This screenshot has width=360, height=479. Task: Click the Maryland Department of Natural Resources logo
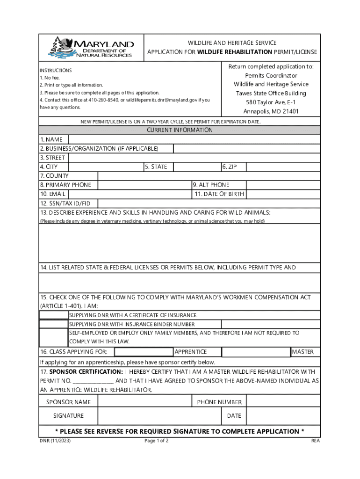[x=92, y=47]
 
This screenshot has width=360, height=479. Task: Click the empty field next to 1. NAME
[x=194, y=139]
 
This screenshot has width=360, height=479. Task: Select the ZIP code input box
[x=283, y=167]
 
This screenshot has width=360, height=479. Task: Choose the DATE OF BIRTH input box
[x=283, y=194]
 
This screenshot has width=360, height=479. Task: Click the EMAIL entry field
[x=130, y=194]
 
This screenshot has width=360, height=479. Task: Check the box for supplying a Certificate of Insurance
[x=54, y=315]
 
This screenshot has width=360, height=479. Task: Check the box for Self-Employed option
[x=54, y=337]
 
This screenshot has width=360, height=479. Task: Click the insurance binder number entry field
[x=270, y=324]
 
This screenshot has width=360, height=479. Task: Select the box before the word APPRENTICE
[x=144, y=352]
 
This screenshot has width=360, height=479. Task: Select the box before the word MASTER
[x=256, y=352]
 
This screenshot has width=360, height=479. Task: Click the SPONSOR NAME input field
[x=144, y=402]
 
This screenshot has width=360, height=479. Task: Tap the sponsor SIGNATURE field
[x=159, y=415]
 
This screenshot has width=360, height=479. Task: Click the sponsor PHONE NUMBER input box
[x=283, y=402]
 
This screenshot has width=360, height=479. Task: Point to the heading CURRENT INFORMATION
[x=180, y=130]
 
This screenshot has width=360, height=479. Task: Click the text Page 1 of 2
[x=157, y=441]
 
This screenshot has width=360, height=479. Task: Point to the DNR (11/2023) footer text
[x=55, y=441]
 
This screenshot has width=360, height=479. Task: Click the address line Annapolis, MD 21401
[x=271, y=111]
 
